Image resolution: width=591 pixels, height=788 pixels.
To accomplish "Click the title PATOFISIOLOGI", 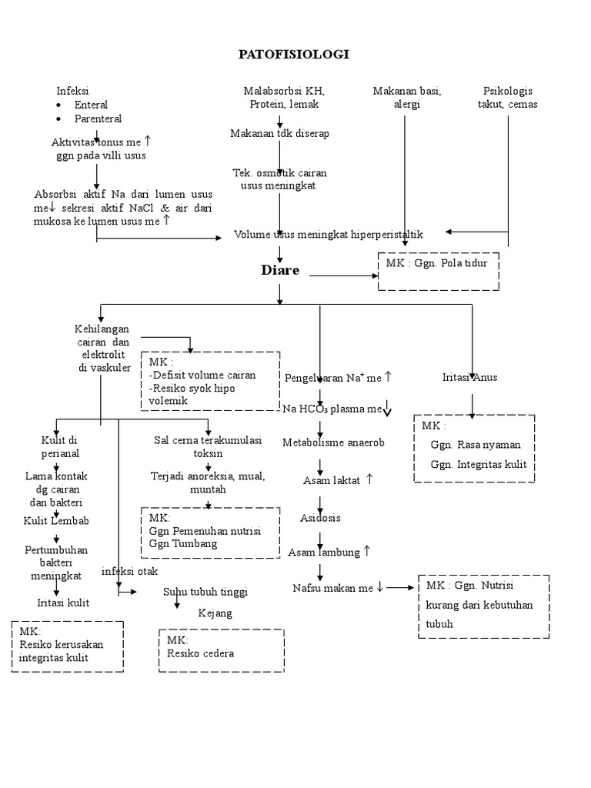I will [295, 54].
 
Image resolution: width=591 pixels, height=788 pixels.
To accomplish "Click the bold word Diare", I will [280, 270].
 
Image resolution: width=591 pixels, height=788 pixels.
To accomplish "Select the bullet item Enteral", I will [91, 105].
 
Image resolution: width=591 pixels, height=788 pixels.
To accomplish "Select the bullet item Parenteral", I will [98, 119].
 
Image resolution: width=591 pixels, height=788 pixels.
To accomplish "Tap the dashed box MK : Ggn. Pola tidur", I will [438, 271].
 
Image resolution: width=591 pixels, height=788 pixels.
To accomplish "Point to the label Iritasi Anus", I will [469, 377].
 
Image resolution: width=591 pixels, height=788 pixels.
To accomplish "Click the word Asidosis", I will [320, 518].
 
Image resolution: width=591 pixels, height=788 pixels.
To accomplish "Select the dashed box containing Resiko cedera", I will [220, 651].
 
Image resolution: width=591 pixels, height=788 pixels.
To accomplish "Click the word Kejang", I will [215, 613].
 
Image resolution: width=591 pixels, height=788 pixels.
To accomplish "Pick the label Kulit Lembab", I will [56, 521].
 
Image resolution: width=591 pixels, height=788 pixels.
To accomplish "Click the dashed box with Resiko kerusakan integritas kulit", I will [67, 646].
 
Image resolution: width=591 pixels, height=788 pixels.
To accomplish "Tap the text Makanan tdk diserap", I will [279, 134].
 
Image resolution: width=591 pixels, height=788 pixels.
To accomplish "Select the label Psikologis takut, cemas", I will [507, 98].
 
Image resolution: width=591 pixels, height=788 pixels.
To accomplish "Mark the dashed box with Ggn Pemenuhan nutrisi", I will [209, 533].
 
